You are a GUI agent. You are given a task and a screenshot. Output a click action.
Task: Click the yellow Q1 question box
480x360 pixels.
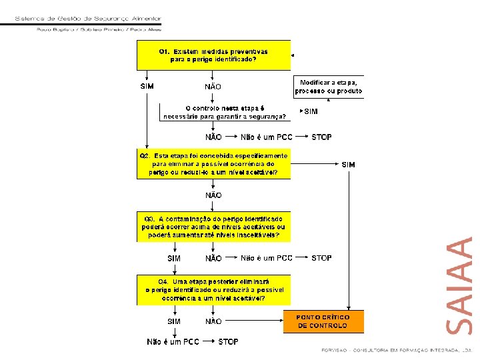tap(213, 55)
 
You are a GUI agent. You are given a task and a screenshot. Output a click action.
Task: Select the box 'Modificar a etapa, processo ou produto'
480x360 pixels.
tap(329, 87)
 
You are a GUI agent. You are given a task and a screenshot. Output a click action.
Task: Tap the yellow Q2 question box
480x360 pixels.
tap(213, 164)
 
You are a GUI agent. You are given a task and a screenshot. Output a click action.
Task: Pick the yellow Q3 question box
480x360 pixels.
tap(213, 227)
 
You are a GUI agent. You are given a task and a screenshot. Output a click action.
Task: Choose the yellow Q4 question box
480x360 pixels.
tap(213, 290)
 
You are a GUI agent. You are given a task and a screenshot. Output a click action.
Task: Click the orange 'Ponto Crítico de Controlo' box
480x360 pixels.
tap(323, 321)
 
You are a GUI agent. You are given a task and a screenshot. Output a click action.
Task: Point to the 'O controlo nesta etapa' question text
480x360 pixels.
tap(225, 112)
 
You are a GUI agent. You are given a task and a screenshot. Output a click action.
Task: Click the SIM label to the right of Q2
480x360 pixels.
tap(348, 164)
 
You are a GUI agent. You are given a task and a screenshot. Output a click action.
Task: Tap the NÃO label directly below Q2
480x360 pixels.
tap(213, 195)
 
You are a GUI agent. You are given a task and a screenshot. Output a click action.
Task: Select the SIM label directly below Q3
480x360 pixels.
tap(174, 258)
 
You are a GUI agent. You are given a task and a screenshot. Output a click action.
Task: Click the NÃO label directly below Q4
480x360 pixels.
tap(213, 321)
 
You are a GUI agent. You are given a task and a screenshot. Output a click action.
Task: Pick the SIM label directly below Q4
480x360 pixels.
tap(174, 321)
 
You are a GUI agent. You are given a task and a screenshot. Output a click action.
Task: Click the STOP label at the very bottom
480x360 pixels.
tap(228, 341)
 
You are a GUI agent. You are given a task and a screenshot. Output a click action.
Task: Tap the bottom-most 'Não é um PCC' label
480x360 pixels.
tap(173, 341)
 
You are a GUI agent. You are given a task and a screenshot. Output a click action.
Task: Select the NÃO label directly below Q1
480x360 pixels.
tap(213, 87)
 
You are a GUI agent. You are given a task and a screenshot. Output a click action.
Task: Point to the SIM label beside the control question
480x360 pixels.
tap(311, 111)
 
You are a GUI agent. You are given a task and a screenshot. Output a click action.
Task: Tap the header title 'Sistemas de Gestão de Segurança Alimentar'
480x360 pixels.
tap(88, 19)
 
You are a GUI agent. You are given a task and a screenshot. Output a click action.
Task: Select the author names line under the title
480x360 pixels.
tap(98, 29)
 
